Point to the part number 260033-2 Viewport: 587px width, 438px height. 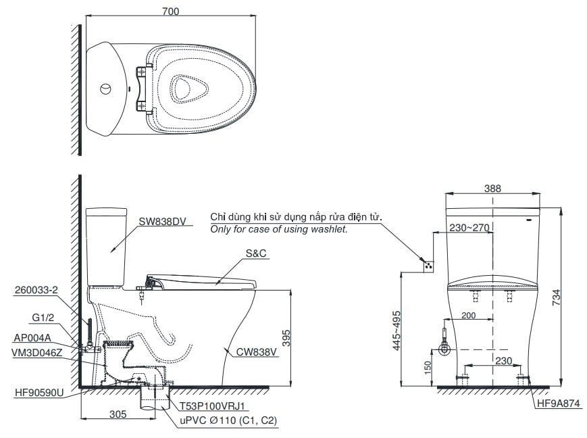coord(35,291)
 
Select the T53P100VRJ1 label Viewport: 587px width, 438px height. coord(211,406)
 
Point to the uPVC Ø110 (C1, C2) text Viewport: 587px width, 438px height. coord(228,420)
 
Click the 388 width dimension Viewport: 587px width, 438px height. coord(492,189)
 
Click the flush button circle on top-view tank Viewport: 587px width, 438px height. coord(105,89)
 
